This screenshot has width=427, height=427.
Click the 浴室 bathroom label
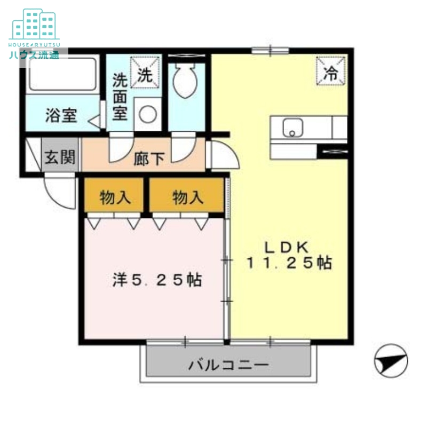pos(60,116)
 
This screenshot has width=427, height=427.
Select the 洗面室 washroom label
pos(120,97)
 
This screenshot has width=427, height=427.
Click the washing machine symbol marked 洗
pos(145,75)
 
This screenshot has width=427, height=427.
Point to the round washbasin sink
pos(148,114)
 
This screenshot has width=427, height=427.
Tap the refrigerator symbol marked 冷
pos(331,72)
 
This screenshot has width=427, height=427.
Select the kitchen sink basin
pos(292,128)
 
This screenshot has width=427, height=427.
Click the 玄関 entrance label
pos(60,157)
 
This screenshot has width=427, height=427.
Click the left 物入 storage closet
pos(115,197)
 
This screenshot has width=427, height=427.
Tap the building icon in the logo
pos(34,23)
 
